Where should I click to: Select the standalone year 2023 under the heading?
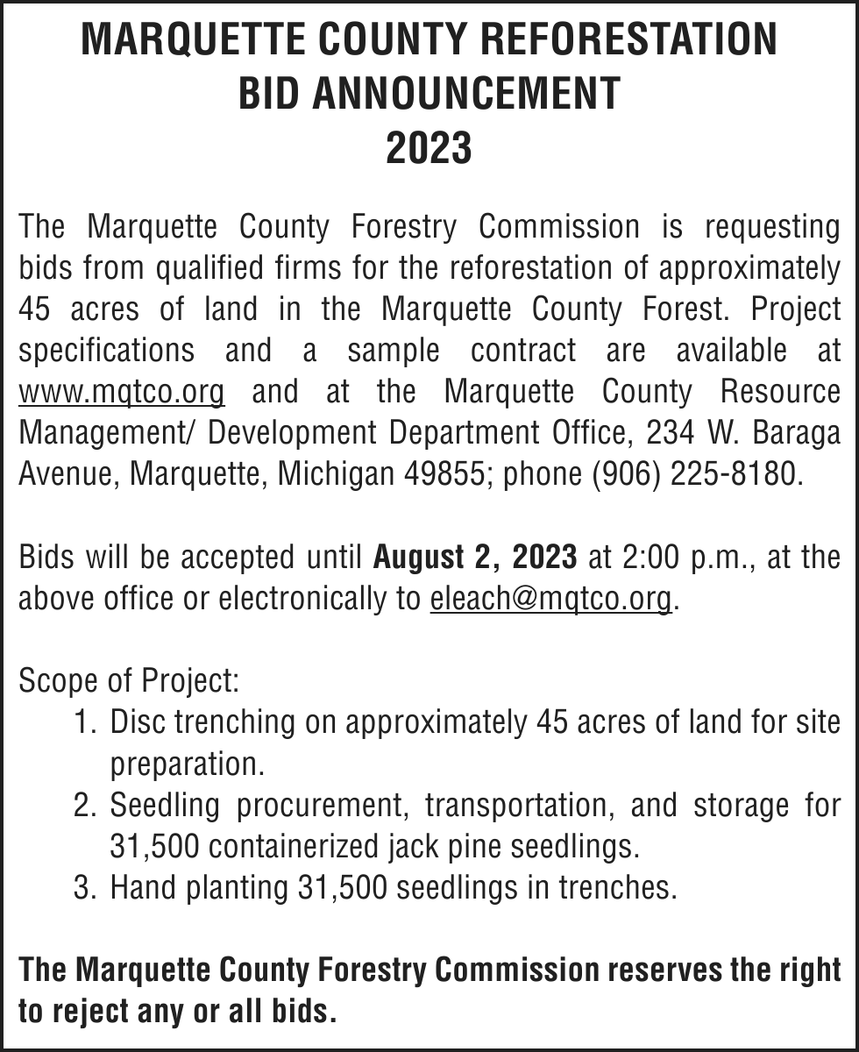pyautogui.click(x=429, y=147)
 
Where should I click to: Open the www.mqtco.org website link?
pyautogui.click(x=122, y=392)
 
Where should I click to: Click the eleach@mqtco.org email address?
pyautogui.click(x=551, y=599)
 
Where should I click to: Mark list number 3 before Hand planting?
pyautogui.click(x=84, y=888)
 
